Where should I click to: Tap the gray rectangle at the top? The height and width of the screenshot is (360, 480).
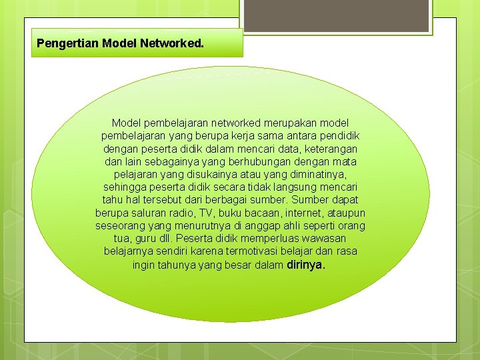point(336,15)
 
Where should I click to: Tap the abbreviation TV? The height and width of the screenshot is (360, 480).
point(207,213)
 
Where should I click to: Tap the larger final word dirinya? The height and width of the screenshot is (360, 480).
point(305,265)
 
